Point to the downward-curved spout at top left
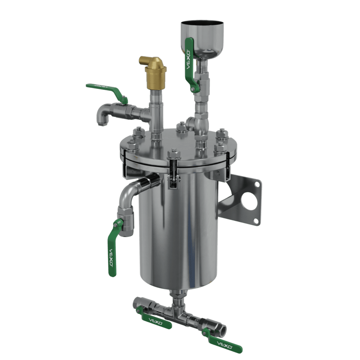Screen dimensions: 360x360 point(102,114)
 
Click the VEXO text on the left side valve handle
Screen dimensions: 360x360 point(111,257)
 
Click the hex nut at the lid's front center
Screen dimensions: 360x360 point(173,154)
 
